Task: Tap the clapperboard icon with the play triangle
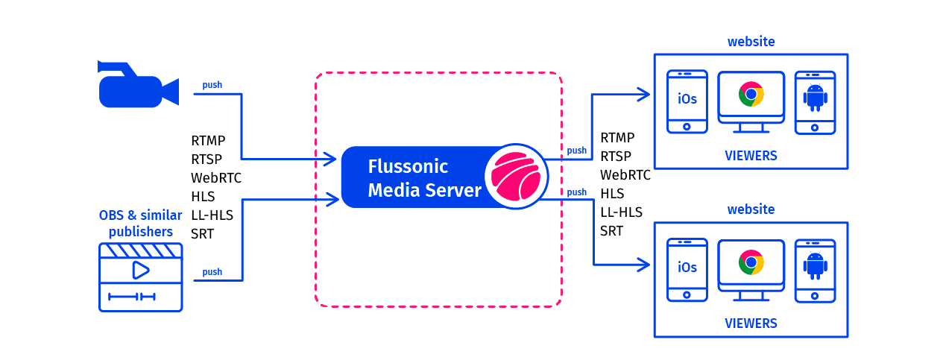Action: (140, 277)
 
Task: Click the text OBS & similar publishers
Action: (140, 224)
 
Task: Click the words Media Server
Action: (425, 190)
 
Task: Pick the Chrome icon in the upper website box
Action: (751, 95)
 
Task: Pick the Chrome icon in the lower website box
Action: (751, 262)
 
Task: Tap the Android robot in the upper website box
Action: (815, 98)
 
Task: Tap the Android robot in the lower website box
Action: (815, 266)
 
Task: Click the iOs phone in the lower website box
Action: (687, 268)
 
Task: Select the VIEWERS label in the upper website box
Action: (751, 156)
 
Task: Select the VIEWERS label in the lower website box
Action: (751, 323)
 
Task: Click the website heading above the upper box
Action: (751, 42)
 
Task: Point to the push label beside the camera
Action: (212, 85)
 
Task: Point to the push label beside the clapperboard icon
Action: (212, 272)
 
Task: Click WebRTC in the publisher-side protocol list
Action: (216, 178)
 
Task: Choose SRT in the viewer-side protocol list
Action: (611, 231)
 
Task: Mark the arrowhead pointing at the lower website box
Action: (644, 263)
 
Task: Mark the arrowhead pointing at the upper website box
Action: (644, 94)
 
